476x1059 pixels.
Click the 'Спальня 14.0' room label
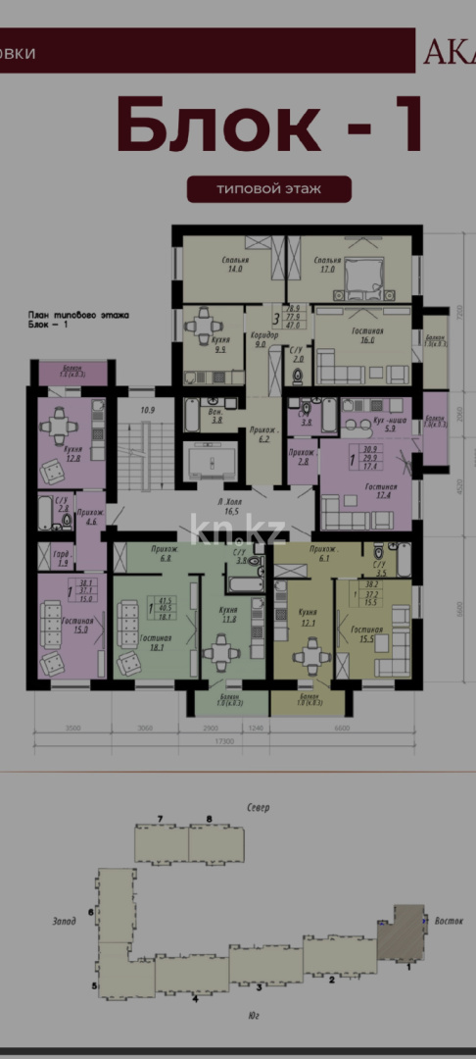point(235,265)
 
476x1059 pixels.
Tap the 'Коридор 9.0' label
point(265,339)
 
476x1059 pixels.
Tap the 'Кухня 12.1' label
point(309,618)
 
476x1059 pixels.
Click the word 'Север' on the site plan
point(259,807)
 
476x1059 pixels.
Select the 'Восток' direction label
point(450,921)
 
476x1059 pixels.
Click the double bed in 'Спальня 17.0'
point(366,279)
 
